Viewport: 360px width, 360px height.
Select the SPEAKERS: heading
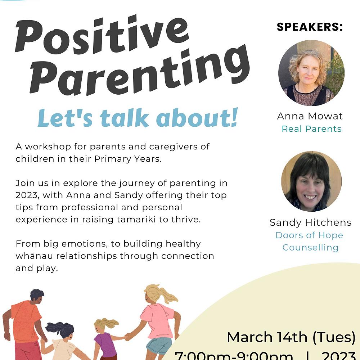coord(310,27)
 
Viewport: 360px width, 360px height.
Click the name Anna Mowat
coord(310,116)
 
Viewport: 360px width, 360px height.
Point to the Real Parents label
coord(311,129)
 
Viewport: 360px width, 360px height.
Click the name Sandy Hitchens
coord(310,222)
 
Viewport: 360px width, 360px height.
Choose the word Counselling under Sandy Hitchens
coord(310,248)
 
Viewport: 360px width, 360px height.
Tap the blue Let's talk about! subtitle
coord(138,119)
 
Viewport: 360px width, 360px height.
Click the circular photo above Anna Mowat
coord(311,73)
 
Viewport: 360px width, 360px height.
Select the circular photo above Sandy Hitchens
coord(311,181)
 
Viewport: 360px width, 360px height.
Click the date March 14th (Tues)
coord(291,337)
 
